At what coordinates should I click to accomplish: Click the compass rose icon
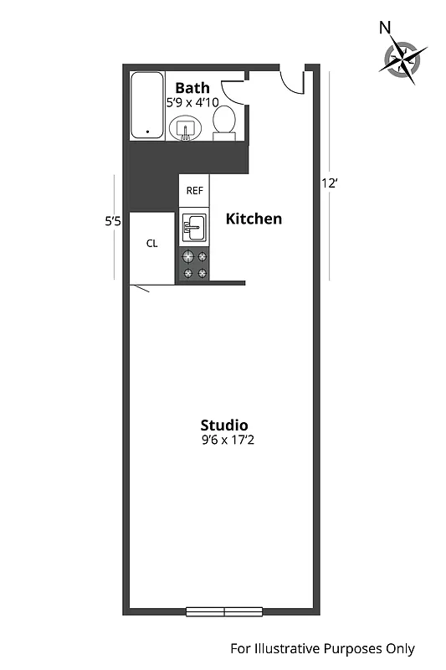[405, 59]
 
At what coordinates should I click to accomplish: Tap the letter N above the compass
[385, 27]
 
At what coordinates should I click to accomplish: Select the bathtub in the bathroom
[147, 106]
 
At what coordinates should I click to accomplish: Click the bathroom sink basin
[184, 128]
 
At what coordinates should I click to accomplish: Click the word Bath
[192, 87]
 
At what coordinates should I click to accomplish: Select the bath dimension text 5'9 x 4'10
[192, 102]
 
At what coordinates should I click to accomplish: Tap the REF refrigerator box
[194, 190]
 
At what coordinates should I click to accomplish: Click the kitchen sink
[194, 226]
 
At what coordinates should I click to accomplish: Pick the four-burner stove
[194, 265]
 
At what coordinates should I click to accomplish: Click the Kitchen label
[254, 219]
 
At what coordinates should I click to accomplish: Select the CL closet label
[151, 244]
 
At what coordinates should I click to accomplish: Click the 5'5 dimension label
[114, 222]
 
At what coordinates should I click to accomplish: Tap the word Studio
[223, 425]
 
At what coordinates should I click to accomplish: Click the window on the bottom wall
[225, 611]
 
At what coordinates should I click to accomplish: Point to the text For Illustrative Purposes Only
[322, 648]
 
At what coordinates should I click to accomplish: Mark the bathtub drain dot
[148, 131]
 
